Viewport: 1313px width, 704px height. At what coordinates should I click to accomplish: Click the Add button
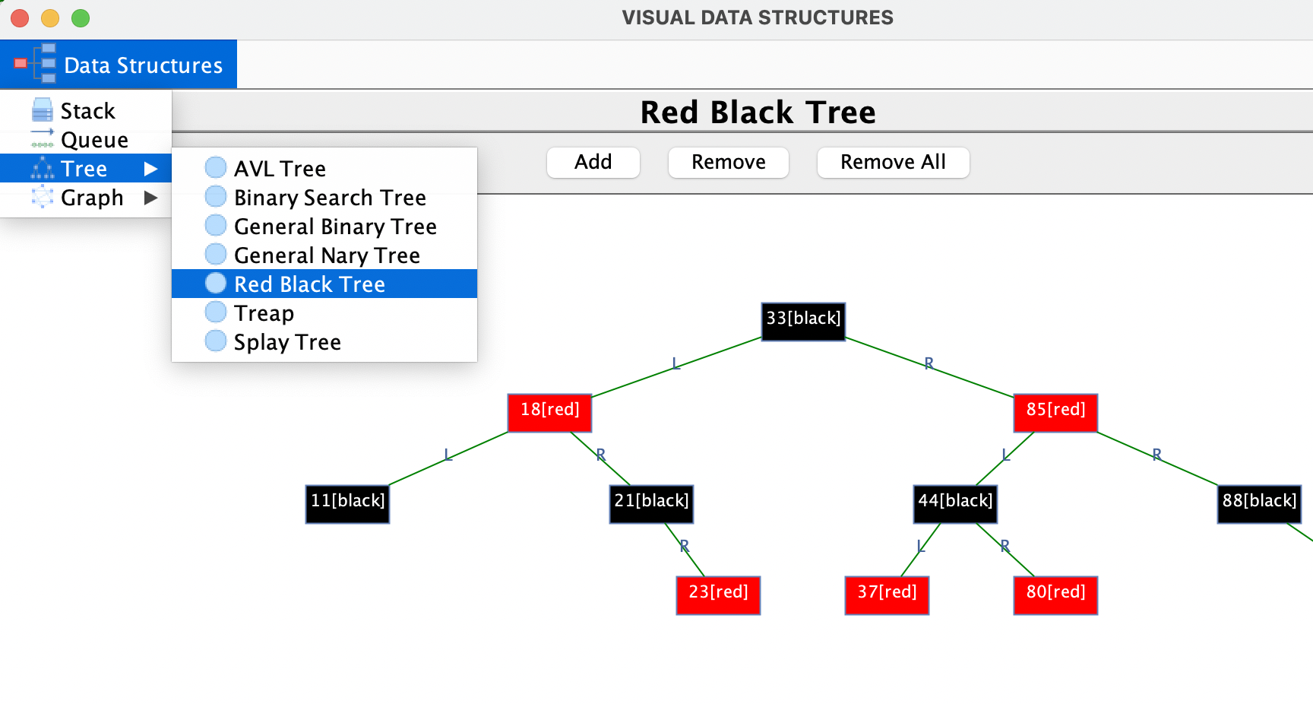click(593, 162)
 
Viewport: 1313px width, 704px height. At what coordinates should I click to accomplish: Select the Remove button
click(728, 162)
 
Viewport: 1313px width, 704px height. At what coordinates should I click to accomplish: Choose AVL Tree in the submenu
click(280, 168)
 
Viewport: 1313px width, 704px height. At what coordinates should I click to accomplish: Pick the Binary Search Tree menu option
click(330, 197)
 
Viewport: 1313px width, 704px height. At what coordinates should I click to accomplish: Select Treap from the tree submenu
click(264, 312)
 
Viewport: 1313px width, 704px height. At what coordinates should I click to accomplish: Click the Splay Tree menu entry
click(287, 341)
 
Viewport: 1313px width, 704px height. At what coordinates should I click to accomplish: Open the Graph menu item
click(91, 198)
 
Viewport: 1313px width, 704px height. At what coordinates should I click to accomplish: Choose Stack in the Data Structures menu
click(87, 111)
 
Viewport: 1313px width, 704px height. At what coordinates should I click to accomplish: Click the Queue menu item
click(94, 140)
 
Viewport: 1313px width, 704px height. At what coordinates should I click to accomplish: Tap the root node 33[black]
click(803, 319)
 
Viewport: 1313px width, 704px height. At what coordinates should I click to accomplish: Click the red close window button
click(20, 17)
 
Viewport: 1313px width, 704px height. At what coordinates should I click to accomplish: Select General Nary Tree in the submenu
click(327, 255)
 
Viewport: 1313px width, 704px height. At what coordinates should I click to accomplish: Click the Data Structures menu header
click(119, 65)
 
